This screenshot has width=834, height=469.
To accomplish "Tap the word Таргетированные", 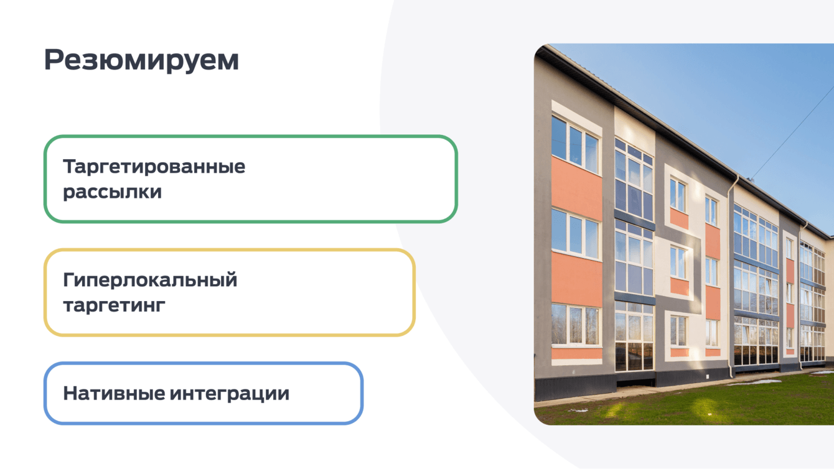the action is click(x=154, y=166).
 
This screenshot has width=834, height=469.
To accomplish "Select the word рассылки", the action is click(x=112, y=192).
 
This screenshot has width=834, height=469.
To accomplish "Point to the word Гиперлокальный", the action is click(x=150, y=280).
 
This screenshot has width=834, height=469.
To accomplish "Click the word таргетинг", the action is click(x=114, y=305).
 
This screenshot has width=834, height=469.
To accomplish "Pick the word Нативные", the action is click(x=114, y=394).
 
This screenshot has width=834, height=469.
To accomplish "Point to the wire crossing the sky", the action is click(x=792, y=133).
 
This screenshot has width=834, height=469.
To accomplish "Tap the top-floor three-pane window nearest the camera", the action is click(x=575, y=144).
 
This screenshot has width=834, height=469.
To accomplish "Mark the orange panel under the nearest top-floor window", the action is click(x=576, y=188).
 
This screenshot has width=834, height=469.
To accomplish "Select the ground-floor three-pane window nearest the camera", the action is click(x=575, y=325).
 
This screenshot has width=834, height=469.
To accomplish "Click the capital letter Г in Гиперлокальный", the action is click(x=70, y=280).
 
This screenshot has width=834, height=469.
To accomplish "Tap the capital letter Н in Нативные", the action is click(x=71, y=394).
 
